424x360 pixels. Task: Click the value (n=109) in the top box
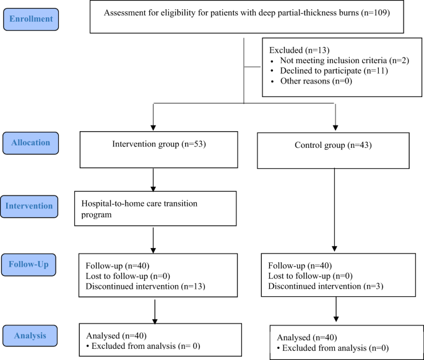(x=374, y=13)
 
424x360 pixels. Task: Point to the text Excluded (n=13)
(x=296, y=49)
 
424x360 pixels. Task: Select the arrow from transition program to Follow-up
(x=153, y=238)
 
